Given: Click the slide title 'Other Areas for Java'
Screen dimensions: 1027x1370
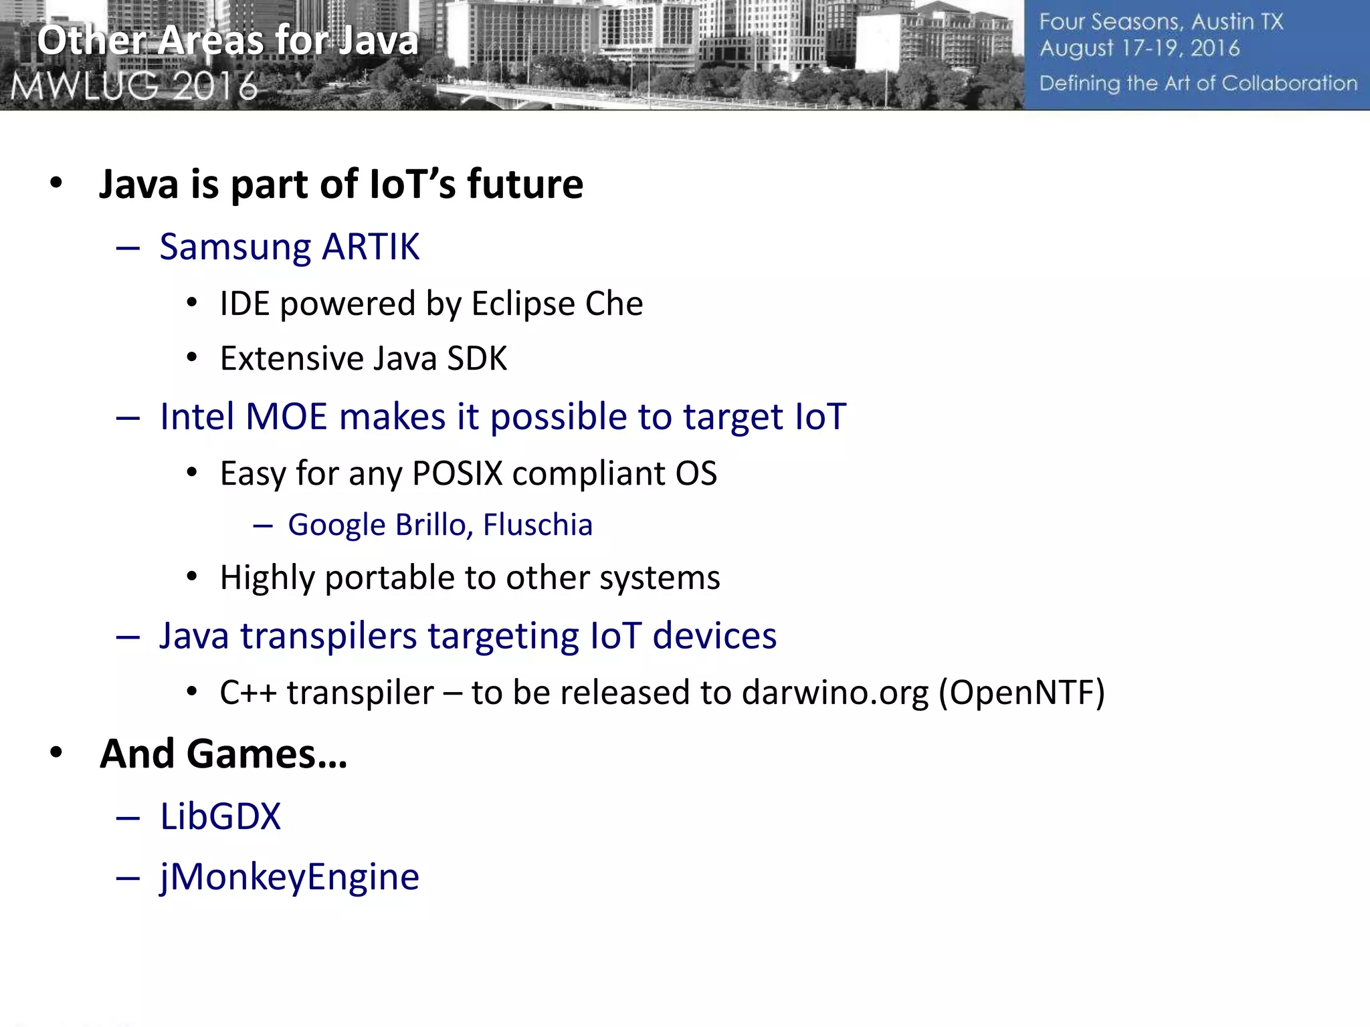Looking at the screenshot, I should coord(227,40).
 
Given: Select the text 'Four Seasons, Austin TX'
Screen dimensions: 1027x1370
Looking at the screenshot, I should coord(1161,22).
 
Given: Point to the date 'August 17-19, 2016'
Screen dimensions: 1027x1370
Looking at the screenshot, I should coord(1139,49).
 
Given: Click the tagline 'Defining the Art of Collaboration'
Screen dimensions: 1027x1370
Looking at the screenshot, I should coord(1198,84).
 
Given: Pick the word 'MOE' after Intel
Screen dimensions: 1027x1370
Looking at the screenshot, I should coord(286,417).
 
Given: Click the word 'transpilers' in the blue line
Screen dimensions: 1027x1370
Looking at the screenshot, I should coord(328,636).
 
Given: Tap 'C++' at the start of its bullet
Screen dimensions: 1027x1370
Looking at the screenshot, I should coord(248,693).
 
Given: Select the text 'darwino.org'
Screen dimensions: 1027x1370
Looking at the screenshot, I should coord(836,693).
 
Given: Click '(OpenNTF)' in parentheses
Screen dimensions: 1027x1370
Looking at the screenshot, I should coord(1021,693).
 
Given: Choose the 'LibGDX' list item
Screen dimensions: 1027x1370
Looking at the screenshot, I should coord(221,817).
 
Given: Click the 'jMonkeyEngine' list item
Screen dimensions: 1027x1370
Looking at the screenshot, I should coord(290,877).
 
